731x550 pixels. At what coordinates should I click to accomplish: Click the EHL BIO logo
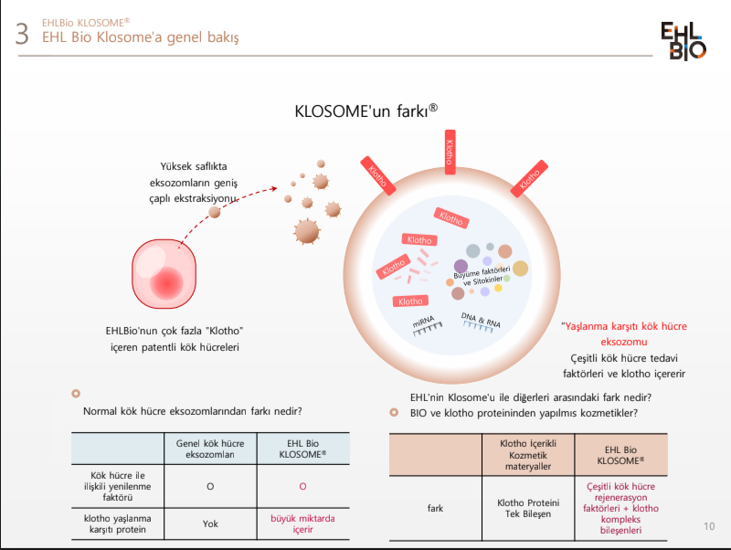[x=683, y=41]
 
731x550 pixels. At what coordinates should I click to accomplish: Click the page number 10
[x=710, y=526]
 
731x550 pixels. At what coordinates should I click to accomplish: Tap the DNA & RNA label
[x=481, y=321]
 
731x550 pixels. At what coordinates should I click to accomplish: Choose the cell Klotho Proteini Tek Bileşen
[x=528, y=510]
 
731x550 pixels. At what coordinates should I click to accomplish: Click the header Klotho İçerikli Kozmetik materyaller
[x=528, y=454]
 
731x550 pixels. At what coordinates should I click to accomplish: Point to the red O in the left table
[x=302, y=486]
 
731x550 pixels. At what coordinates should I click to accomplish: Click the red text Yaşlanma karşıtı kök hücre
[x=625, y=326]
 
